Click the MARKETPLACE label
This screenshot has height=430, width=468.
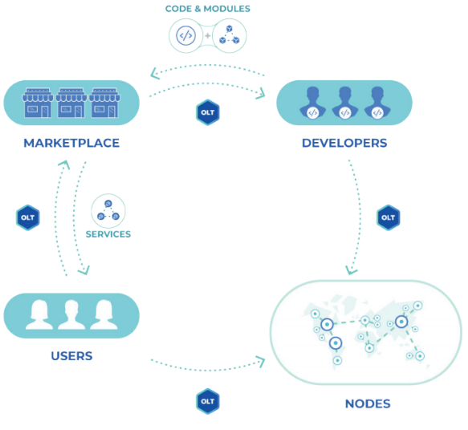[71, 143]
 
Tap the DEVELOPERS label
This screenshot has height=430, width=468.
[344, 143]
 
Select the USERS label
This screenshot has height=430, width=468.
[71, 355]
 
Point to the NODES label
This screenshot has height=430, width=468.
[368, 404]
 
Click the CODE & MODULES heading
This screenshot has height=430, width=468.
[208, 9]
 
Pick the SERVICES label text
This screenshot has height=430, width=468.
[108, 234]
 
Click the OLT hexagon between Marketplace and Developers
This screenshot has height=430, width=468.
[208, 112]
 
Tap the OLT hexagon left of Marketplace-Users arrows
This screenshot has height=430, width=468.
[28, 217]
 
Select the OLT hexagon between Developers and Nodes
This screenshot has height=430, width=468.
[389, 217]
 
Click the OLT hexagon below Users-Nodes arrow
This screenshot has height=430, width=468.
[208, 401]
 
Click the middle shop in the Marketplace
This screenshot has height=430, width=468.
[71, 103]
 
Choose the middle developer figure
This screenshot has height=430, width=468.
[344, 103]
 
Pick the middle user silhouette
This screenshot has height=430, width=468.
[71, 315]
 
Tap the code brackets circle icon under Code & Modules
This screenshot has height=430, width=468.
[186, 36]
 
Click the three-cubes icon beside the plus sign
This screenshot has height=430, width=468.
[230, 34]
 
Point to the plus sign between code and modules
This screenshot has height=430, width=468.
[208, 36]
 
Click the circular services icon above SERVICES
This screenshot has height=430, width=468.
[108, 211]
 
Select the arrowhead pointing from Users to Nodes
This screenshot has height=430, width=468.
[261, 362]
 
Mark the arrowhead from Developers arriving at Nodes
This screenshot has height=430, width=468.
[351, 270]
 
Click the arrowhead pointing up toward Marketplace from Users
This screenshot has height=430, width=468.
[64, 164]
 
